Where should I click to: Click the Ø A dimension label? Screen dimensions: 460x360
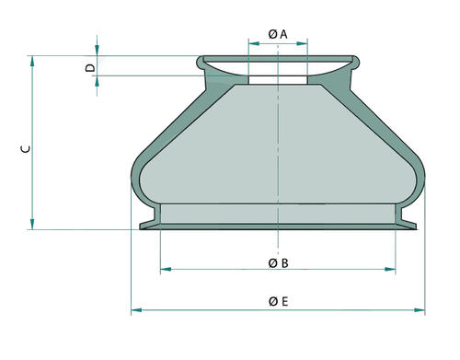[x=278, y=34]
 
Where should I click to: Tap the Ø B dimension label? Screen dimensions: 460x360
[x=278, y=263]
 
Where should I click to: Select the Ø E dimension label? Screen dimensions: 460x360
[x=279, y=301]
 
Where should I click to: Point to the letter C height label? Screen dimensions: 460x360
[x=26, y=149]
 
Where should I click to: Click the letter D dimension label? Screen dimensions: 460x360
[x=90, y=67]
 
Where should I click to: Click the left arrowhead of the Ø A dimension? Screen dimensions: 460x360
[x=254, y=44]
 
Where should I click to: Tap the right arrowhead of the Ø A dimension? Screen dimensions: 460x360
[x=302, y=44]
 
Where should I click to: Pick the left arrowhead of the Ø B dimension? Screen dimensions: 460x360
[x=166, y=269]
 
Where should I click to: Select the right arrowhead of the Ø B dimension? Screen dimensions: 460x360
[x=390, y=269]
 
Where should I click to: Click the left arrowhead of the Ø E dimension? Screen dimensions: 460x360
[x=136, y=310]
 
